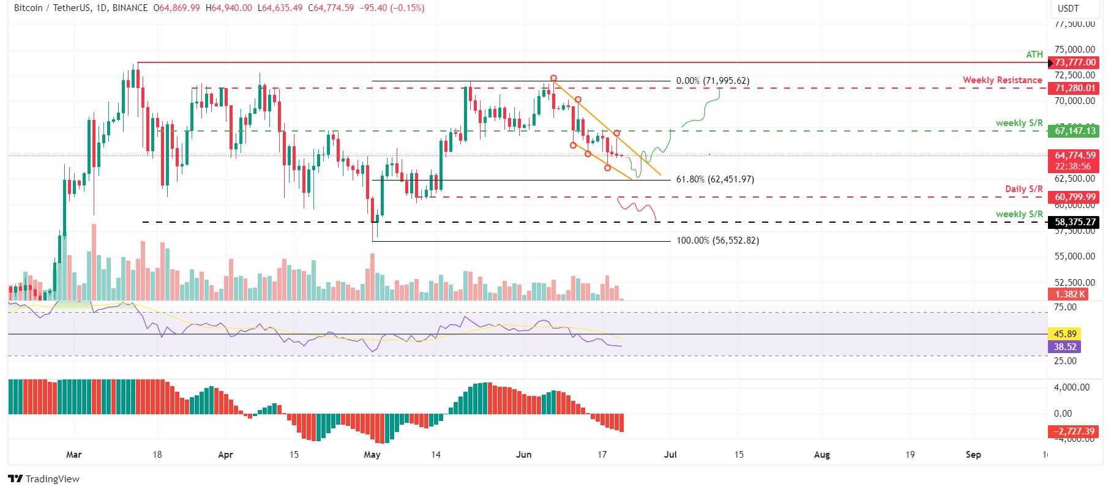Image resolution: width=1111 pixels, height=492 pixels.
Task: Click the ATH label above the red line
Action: point(1034,54)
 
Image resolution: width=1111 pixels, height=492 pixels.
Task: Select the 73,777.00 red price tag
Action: point(1074,62)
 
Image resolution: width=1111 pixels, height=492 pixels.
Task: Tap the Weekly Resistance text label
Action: point(1002,80)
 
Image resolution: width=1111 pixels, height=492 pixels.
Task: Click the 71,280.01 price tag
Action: point(1074,88)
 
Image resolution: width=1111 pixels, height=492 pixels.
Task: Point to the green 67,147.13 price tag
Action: point(1074,131)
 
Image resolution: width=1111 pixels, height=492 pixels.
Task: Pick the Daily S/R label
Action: point(1023,189)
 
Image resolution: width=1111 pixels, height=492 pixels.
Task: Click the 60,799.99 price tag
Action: point(1074,197)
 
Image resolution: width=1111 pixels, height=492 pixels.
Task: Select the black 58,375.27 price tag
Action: point(1074,222)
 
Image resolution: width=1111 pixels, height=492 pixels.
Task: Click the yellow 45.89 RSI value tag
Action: point(1064,334)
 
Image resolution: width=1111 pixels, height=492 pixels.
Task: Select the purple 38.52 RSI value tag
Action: point(1064,347)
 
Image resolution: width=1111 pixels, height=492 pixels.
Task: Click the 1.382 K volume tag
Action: point(1069,294)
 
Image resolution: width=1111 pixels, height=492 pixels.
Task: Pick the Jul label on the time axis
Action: point(670,455)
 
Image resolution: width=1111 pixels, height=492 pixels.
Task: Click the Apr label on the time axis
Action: point(225,455)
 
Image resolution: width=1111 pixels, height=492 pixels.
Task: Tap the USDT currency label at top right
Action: point(1068,9)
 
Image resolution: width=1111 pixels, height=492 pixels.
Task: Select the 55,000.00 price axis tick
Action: point(1074,256)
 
